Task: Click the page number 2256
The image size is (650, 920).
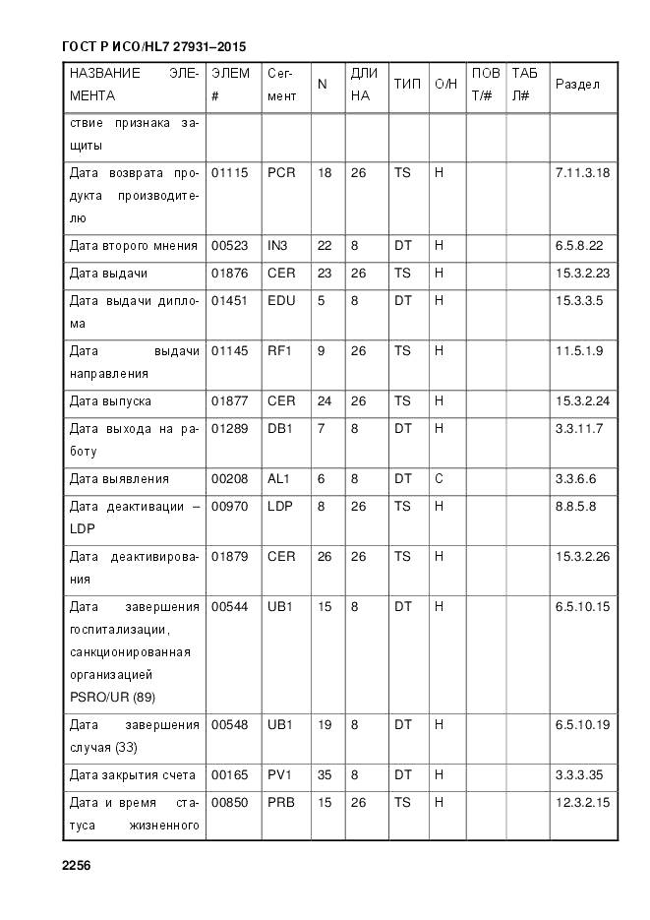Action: coord(77,866)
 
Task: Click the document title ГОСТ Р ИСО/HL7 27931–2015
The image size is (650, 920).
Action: coord(153,46)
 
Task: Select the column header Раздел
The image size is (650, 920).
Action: coord(577,85)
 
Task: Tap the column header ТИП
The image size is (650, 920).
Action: coord(407,85)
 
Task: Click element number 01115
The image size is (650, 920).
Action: coord(229,172)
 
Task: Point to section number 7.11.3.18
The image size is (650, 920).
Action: coord(582,172)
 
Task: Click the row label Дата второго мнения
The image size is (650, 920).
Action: coord(134,245)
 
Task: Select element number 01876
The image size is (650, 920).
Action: coord(229,273)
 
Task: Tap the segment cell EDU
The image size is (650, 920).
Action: coord(281,300)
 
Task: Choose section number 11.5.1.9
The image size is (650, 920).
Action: coord(579,350)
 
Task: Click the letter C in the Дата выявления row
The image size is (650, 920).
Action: coord(439,479)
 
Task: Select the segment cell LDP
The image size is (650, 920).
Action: coord(281,507)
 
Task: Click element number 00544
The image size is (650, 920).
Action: coord(229,606)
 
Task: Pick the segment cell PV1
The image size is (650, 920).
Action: coord(280,775)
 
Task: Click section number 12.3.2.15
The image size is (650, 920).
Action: coord(582,803)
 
